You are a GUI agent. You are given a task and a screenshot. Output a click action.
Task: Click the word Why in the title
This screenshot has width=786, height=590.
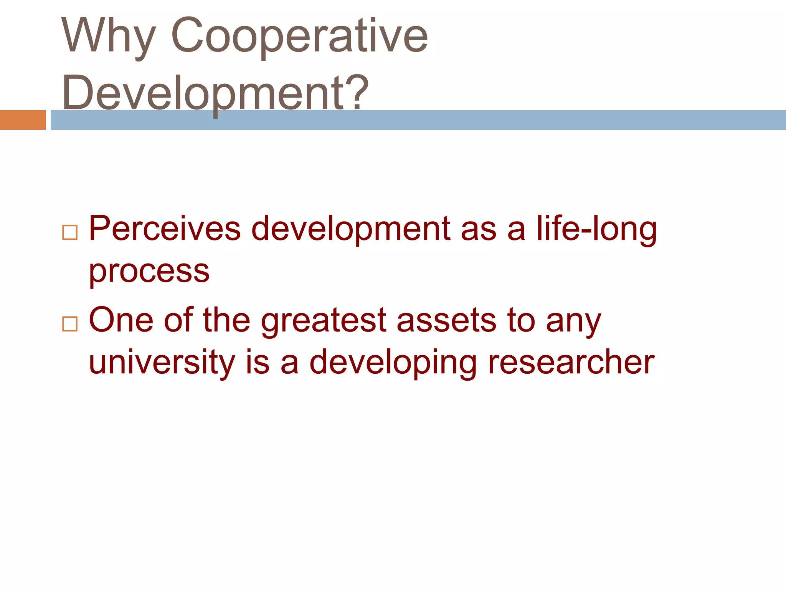pos(109,36)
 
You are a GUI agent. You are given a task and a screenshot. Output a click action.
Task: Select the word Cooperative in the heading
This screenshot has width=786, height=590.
pos(299,36)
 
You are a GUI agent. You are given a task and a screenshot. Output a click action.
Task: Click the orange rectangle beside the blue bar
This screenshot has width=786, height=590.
pos(23,120)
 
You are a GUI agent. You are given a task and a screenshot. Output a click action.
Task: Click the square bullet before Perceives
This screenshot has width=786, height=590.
pos(70,232)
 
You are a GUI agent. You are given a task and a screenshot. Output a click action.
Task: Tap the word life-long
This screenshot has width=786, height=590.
pos(596,229)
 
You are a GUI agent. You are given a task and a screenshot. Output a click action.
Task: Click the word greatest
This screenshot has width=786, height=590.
pos(324,321)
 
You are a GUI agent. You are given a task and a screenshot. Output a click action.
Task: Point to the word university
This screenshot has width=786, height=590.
pos(162,363)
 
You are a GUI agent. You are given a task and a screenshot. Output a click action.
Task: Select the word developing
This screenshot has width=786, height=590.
pos(393,363)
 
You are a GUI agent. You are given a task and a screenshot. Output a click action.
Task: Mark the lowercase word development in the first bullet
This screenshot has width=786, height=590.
pos(350,229)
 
